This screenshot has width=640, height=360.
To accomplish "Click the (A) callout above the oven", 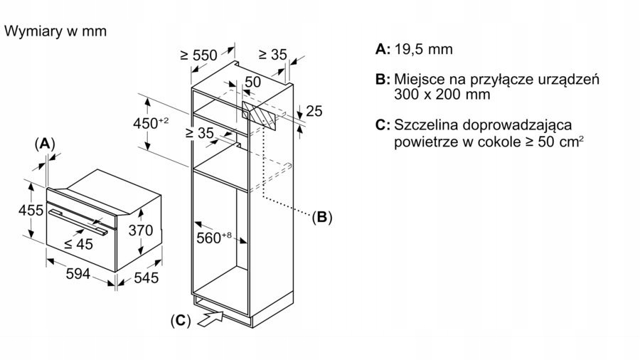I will click(45, 144).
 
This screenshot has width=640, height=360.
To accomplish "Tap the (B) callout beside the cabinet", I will click(321, 217).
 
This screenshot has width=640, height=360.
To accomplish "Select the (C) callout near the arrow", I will click(181, 320).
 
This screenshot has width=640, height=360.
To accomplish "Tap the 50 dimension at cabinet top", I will click(252, 83).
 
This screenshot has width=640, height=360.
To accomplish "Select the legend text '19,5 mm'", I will click(422, 49).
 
